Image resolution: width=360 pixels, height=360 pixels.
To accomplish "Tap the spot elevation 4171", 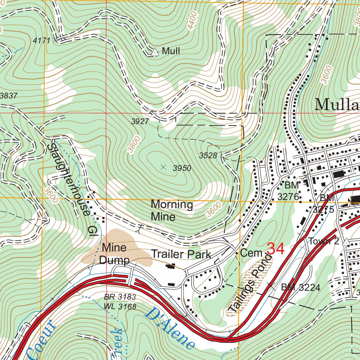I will [x=41, y=41].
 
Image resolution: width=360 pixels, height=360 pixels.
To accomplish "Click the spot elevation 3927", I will [x=140, y=122].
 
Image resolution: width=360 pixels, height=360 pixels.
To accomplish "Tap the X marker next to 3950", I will [x=163, y=167].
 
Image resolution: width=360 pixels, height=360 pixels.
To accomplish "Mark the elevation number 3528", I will [x=208, y=155].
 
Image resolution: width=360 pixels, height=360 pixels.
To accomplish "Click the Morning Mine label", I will [x=172, y=210].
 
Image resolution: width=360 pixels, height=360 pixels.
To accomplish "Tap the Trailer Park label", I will [x=181, y=254].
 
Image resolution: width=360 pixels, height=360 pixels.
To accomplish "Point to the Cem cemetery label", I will [x=251, y=253].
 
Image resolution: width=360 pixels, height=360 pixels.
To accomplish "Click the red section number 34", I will [x=276, y=249].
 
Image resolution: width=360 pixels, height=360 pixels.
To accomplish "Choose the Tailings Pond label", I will [x=250, y=284].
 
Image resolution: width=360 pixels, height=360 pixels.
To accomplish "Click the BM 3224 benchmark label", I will [x=301, y=288].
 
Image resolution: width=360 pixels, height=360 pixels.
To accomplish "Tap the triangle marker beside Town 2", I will [x=346, y=242].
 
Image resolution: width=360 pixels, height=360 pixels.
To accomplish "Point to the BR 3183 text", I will [x=120, y=297].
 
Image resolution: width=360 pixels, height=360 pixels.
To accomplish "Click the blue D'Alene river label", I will [x=169, y=328].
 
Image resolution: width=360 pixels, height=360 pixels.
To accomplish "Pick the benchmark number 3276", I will [x=288, y=197].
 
